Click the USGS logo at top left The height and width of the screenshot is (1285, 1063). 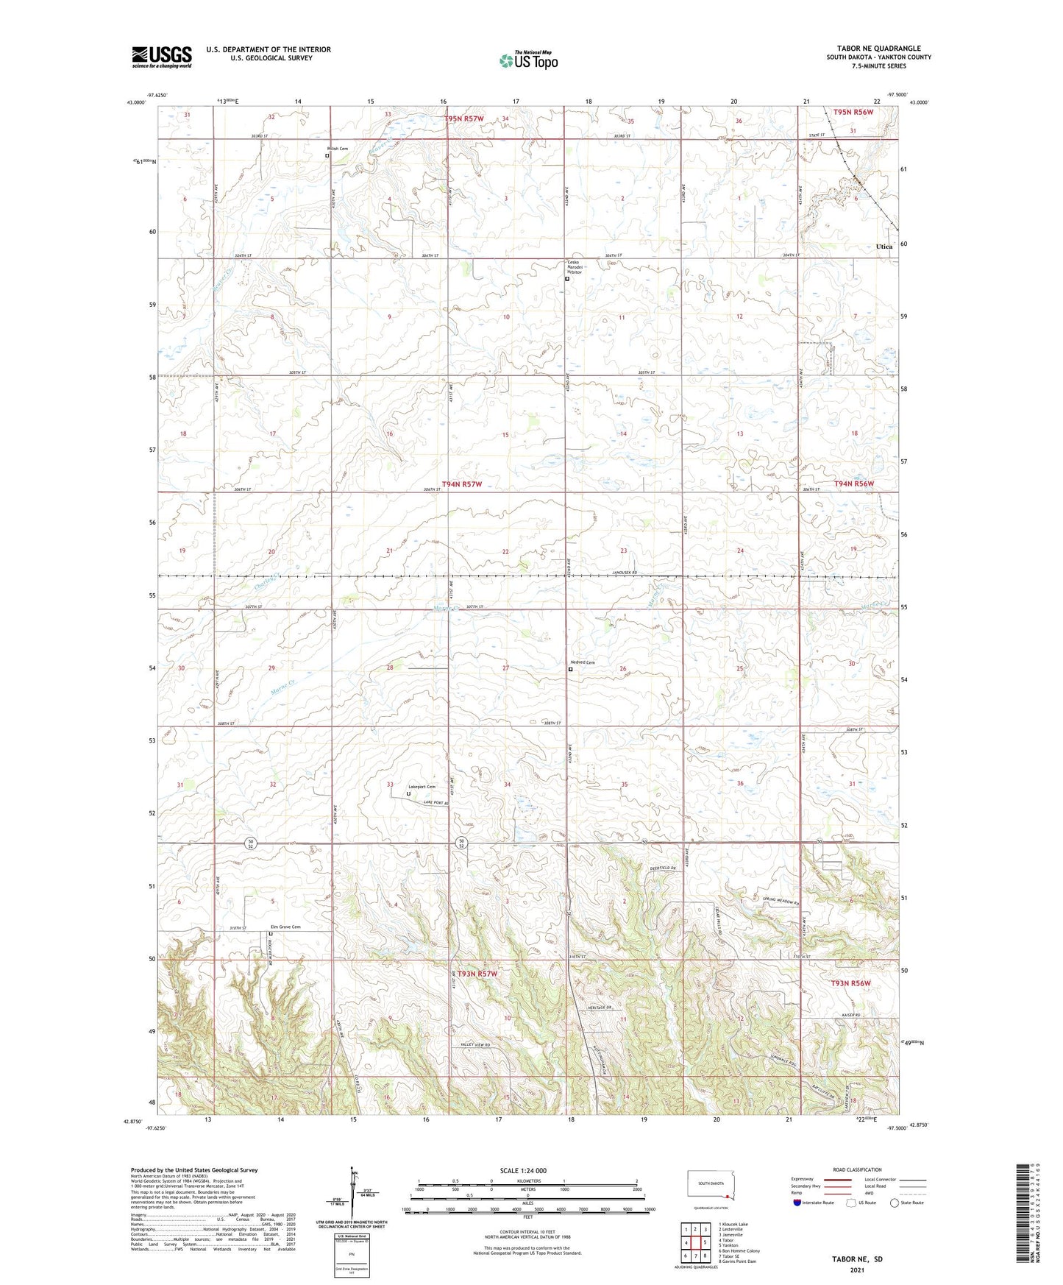(162, 57)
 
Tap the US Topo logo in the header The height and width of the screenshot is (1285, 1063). (527, 60)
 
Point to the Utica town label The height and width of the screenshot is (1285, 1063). (884, 247)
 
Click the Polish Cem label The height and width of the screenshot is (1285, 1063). (338, 149)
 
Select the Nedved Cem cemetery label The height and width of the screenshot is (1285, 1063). (582, 662)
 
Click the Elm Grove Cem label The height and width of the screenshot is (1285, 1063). (286, 927)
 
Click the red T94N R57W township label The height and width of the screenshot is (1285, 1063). (461, 484)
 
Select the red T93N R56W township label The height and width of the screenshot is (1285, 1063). (850, 983)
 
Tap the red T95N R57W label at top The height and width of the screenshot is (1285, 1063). (464, 118)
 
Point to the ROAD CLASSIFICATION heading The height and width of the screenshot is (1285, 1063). (858, 1169)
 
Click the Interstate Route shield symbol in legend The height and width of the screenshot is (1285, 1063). (798, 1203)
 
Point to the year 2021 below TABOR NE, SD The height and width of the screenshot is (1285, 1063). (856, 1270)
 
